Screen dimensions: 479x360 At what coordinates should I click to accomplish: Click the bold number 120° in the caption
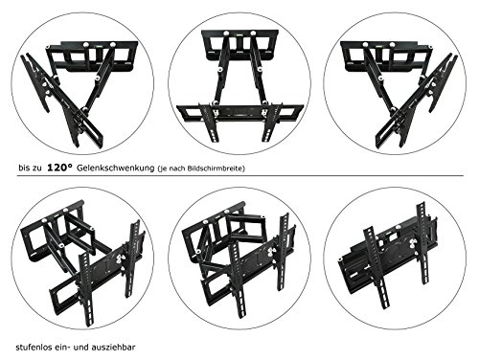tap(59, 168)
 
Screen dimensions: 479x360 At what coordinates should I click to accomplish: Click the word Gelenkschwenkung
tap(115, 169)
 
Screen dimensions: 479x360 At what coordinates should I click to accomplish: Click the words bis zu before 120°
tap(30, 169)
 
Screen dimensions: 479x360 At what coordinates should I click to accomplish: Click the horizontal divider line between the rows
tap(239, 176)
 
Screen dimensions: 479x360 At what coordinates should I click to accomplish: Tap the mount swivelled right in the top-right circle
tap(399, 93)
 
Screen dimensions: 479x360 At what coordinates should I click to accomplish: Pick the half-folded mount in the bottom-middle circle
tap(239, 259)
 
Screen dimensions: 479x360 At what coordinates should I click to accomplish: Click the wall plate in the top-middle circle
tap(239, 45)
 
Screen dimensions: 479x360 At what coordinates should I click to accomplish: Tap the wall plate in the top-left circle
tap(93, 56)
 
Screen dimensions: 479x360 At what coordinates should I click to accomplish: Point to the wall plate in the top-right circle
tap(386, 56)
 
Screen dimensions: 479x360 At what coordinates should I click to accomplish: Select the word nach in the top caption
tap(180, 169)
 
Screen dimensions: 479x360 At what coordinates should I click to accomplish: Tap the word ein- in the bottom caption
tap(62, 347)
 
